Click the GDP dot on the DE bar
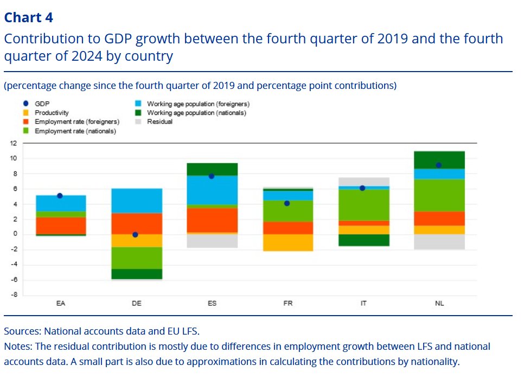point(135,235)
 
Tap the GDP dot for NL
point(438,165)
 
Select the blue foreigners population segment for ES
point(212,190)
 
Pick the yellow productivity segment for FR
point(287,242)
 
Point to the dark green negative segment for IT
point(363,240)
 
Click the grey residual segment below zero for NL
point(439,242)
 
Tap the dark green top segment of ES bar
point(212,169)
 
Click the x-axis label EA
point(60,303)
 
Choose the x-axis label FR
point(287,303)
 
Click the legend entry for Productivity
point(52,113)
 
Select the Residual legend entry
point(159,122)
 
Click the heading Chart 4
point(28,17)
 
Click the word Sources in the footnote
point(22,331)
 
